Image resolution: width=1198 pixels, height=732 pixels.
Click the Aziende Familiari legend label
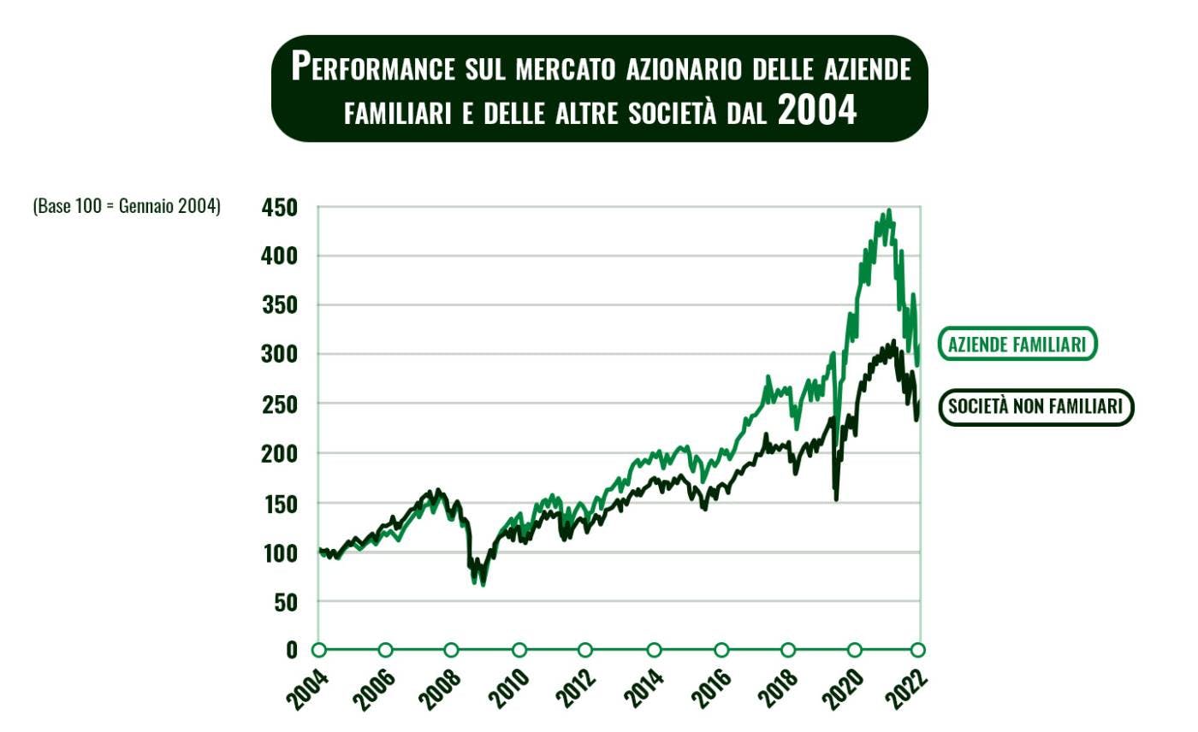[x=1017, y=344]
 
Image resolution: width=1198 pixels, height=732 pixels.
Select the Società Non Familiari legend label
[x=1035, y=407]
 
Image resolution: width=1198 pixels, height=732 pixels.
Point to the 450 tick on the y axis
[x=280, y=208]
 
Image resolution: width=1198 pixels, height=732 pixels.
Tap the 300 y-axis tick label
[x=280, y=354]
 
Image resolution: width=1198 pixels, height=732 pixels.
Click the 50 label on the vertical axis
[x=286, y=602]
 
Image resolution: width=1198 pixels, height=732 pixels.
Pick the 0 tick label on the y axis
[x=292, y=650]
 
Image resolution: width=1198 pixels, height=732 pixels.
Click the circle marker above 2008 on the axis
[x=452, y=650]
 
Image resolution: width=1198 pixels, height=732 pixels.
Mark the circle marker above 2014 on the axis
[x=655, y=650]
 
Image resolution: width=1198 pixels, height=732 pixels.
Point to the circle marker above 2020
[x=855, y=650]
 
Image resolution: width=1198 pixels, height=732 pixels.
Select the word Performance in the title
[x=373, y=67]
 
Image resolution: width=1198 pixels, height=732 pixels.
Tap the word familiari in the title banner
[x=397, y=114]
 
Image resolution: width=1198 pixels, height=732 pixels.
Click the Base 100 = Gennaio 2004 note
[x=127, y=206]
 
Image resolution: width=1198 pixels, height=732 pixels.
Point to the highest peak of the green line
[x=889, y=210]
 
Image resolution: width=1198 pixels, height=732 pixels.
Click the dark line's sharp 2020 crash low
[x=836, y=499]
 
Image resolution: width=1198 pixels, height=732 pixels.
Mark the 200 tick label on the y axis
[x=280, y=453]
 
